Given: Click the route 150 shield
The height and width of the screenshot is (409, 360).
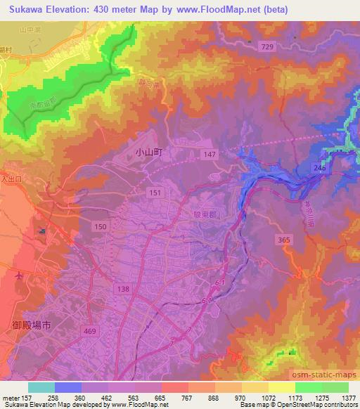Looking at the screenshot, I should pos(101,225).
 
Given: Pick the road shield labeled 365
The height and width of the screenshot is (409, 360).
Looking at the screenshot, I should pos(283,240).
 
